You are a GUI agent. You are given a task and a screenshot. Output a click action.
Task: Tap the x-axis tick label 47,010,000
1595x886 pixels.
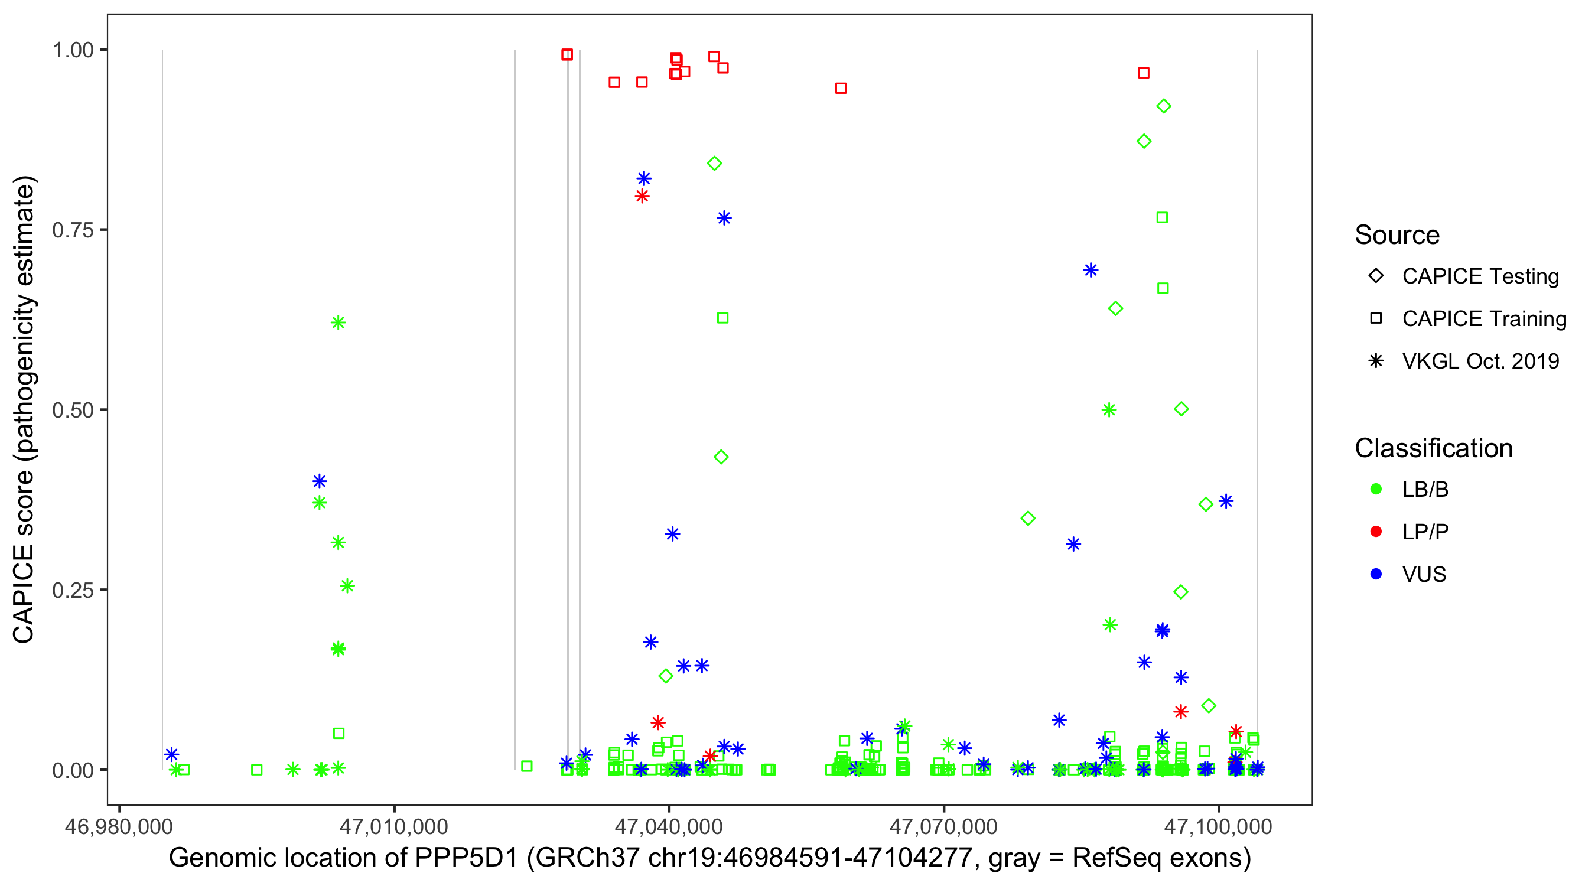pos(394,826)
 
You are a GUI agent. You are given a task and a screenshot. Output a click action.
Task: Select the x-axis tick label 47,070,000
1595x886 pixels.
pos(943,826)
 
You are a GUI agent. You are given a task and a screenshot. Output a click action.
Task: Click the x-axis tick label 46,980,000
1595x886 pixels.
pos(119,826)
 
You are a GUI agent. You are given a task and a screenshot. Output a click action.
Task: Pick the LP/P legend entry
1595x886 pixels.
pos(1425,532)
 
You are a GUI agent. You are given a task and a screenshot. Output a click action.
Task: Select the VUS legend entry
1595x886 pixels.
pos(1424,575)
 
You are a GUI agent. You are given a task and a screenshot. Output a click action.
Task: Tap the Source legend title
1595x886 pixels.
pos(1397,235)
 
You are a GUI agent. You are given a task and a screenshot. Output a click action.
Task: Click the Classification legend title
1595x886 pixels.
pos(1433,448)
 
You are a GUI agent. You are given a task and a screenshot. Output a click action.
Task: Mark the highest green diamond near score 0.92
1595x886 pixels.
pos(1163,106)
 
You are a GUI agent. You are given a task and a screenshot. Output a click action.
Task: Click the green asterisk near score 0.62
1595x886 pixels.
pos(338,323)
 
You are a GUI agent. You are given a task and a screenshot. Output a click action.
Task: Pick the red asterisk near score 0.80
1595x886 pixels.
pos(642,196)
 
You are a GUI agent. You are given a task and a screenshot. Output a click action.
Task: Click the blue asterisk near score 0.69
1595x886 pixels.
pos(1091,270)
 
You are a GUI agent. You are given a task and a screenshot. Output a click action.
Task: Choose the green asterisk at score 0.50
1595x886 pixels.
pos(1109,410)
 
